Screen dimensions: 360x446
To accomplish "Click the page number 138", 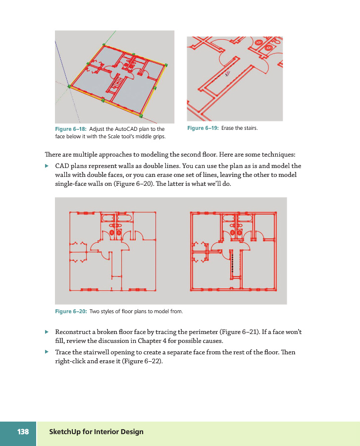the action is [23, 432].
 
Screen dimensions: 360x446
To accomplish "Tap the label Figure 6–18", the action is [71, 129].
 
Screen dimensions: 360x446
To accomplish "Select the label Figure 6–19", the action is [203, 128].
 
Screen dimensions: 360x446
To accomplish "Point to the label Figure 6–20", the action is [71, 312].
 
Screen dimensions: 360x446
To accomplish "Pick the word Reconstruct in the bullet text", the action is [73, 332].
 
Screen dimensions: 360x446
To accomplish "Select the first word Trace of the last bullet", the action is [63, 352].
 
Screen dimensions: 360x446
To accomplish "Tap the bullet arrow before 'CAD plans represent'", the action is [47, 166].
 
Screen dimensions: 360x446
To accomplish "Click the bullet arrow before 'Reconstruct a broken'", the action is [47, 332].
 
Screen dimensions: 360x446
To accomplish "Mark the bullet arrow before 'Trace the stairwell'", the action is [47, 352].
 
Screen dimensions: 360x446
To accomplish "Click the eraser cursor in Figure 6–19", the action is [227, 73].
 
